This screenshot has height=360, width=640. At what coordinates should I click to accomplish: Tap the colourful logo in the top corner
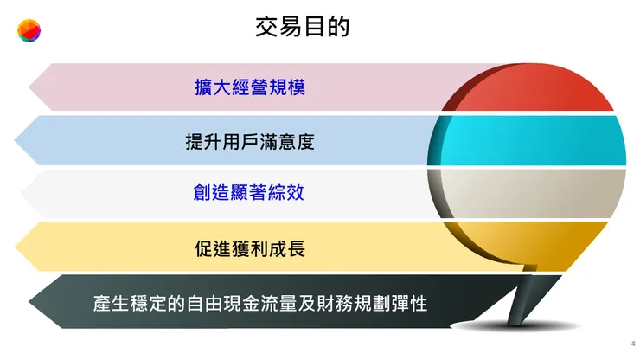pyautogui.click(x=29, y=32)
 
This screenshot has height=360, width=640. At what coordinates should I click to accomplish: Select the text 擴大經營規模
pyautogui.click(x=249, y=87)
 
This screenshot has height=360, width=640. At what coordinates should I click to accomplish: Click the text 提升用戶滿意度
pyautogui.click(x=249, y=141)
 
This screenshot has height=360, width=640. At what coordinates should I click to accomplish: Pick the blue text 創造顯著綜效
pyautogui.click(x=249, y=194)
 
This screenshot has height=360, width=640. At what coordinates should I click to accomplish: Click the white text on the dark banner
pyautogui.click(x=260, y=304)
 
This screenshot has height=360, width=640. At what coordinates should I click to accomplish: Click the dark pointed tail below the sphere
pyautogui.click(x=519, y=303)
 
